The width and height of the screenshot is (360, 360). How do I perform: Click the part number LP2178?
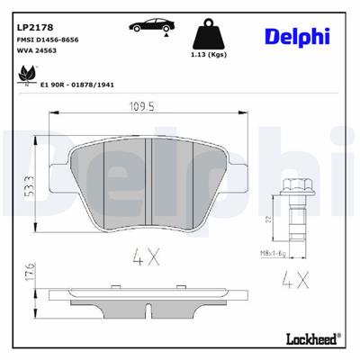coord(33,29)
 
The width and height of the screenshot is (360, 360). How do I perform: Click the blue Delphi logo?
coord(297,35)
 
